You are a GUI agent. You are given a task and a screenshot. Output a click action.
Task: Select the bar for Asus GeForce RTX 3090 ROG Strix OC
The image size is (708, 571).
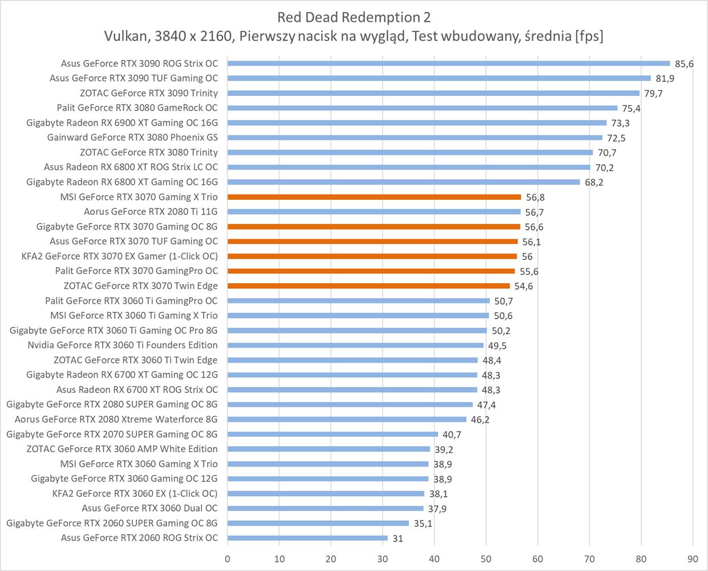[448, 63]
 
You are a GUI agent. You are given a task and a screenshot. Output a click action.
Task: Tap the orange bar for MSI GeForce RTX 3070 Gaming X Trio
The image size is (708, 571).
[374, 197]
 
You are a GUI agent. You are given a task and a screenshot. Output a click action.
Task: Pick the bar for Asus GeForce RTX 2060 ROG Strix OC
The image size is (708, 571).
[307, 538]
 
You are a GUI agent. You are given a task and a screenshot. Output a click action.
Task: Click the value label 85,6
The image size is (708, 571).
[684, 64]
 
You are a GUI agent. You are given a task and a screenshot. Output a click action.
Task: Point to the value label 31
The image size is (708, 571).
[397, 538]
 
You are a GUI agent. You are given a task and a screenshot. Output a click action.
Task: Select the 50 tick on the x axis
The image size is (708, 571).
[486, 558]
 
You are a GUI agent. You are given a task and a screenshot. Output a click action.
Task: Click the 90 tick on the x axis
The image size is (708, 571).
[693, 558]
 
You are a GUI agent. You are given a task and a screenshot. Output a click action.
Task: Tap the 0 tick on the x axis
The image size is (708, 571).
[227, 558]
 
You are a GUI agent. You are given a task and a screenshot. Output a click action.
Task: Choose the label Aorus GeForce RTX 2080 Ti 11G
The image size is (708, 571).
[151, 212]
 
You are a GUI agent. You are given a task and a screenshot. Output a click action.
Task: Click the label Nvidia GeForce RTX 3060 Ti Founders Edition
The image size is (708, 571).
[122, 345]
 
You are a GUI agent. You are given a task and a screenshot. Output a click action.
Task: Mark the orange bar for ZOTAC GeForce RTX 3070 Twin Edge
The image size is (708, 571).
[368, 286]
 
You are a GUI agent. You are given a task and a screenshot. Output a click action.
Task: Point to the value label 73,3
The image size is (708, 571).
[621, 123]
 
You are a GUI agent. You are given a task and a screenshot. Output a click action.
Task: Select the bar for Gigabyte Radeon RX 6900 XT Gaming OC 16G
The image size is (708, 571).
[417, 123]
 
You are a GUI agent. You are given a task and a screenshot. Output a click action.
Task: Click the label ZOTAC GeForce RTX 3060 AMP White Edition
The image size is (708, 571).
[122, 449]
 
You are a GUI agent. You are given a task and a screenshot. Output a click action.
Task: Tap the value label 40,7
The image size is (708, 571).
[452, 435]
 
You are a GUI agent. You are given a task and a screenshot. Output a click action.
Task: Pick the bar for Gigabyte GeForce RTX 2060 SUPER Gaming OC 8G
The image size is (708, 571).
[318, 523]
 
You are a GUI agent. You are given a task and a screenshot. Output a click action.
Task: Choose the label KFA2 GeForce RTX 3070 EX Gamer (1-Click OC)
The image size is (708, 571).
[119, 256]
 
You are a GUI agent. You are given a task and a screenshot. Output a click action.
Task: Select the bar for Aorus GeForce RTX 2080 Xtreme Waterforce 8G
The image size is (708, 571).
[347, 419]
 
